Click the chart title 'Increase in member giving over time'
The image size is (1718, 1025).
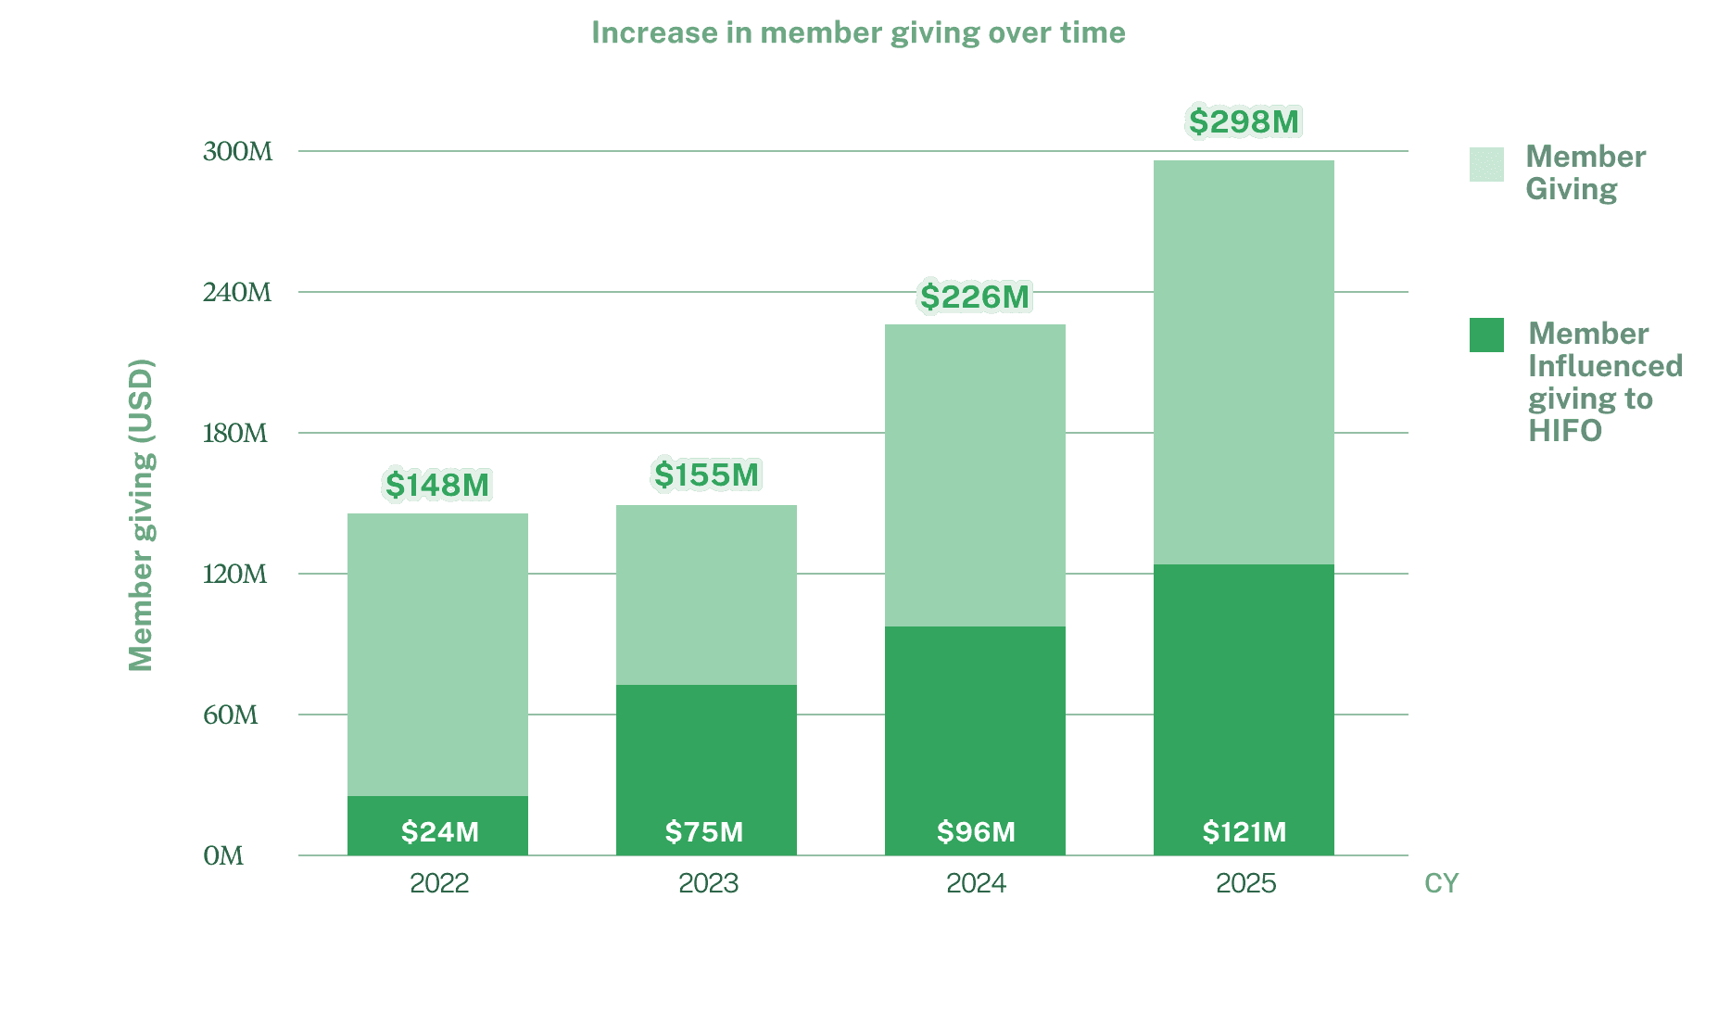click(858, 33)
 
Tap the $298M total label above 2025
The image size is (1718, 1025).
click(1244, 121)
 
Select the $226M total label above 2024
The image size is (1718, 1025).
click(975, 297)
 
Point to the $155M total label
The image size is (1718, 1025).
click(706, 475)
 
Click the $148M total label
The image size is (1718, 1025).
click(437, 485)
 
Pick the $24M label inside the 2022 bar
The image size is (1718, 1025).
click(439, 831)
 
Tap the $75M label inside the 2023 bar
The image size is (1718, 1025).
click(704, 831)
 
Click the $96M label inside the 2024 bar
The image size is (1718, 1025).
click(976, 831)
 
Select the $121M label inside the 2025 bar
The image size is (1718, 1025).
click(1244, 831)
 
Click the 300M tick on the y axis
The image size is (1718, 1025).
click(237, 151)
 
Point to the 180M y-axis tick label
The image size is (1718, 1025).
click(235, 433)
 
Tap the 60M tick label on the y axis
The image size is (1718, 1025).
click(231, 715)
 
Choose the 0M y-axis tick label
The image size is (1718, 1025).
click(223, 855)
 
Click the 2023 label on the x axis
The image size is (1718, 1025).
click(708, 883)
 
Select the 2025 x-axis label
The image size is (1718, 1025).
click(1245, 883)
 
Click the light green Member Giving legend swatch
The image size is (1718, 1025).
click(1486, 165)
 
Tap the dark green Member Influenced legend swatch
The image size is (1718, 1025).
click(1486, 335)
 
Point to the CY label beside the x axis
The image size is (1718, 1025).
click(1441, 884)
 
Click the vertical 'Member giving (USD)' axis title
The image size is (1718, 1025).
click(142, 515)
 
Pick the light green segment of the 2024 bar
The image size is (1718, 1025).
click(975, 475)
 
